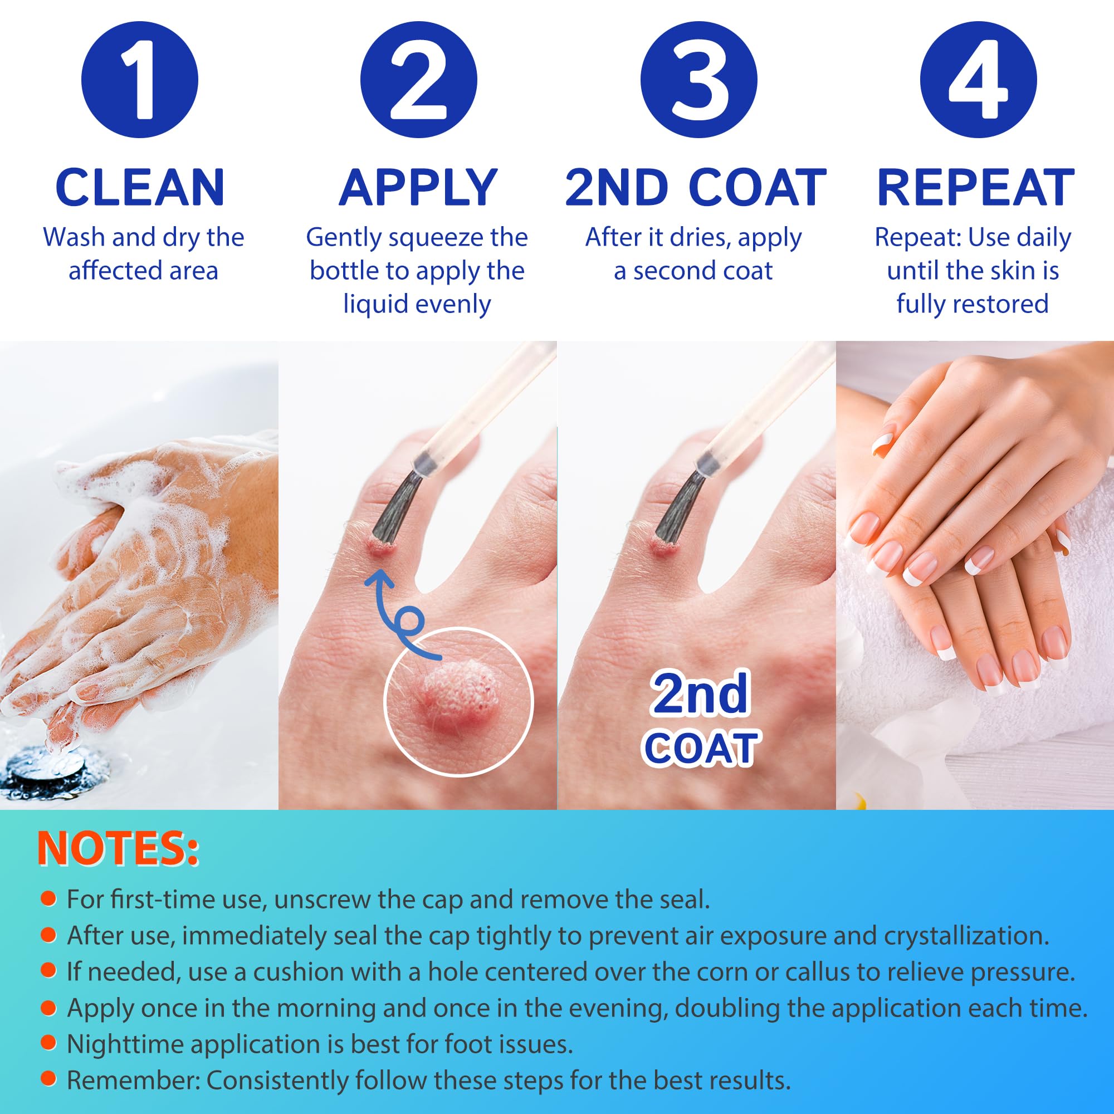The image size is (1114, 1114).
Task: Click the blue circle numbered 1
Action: coord(140,80)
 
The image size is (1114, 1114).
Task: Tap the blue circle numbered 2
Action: coord(419,80)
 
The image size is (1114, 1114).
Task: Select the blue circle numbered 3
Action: coord(698,80)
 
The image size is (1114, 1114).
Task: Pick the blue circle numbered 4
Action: coord(978,80)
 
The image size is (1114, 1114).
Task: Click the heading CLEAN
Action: coord(140,187)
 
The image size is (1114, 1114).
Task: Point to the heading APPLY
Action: coord(418,187)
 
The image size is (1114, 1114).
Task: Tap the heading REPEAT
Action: coord(976,187)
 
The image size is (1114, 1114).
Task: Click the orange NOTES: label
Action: coord(118,849)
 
